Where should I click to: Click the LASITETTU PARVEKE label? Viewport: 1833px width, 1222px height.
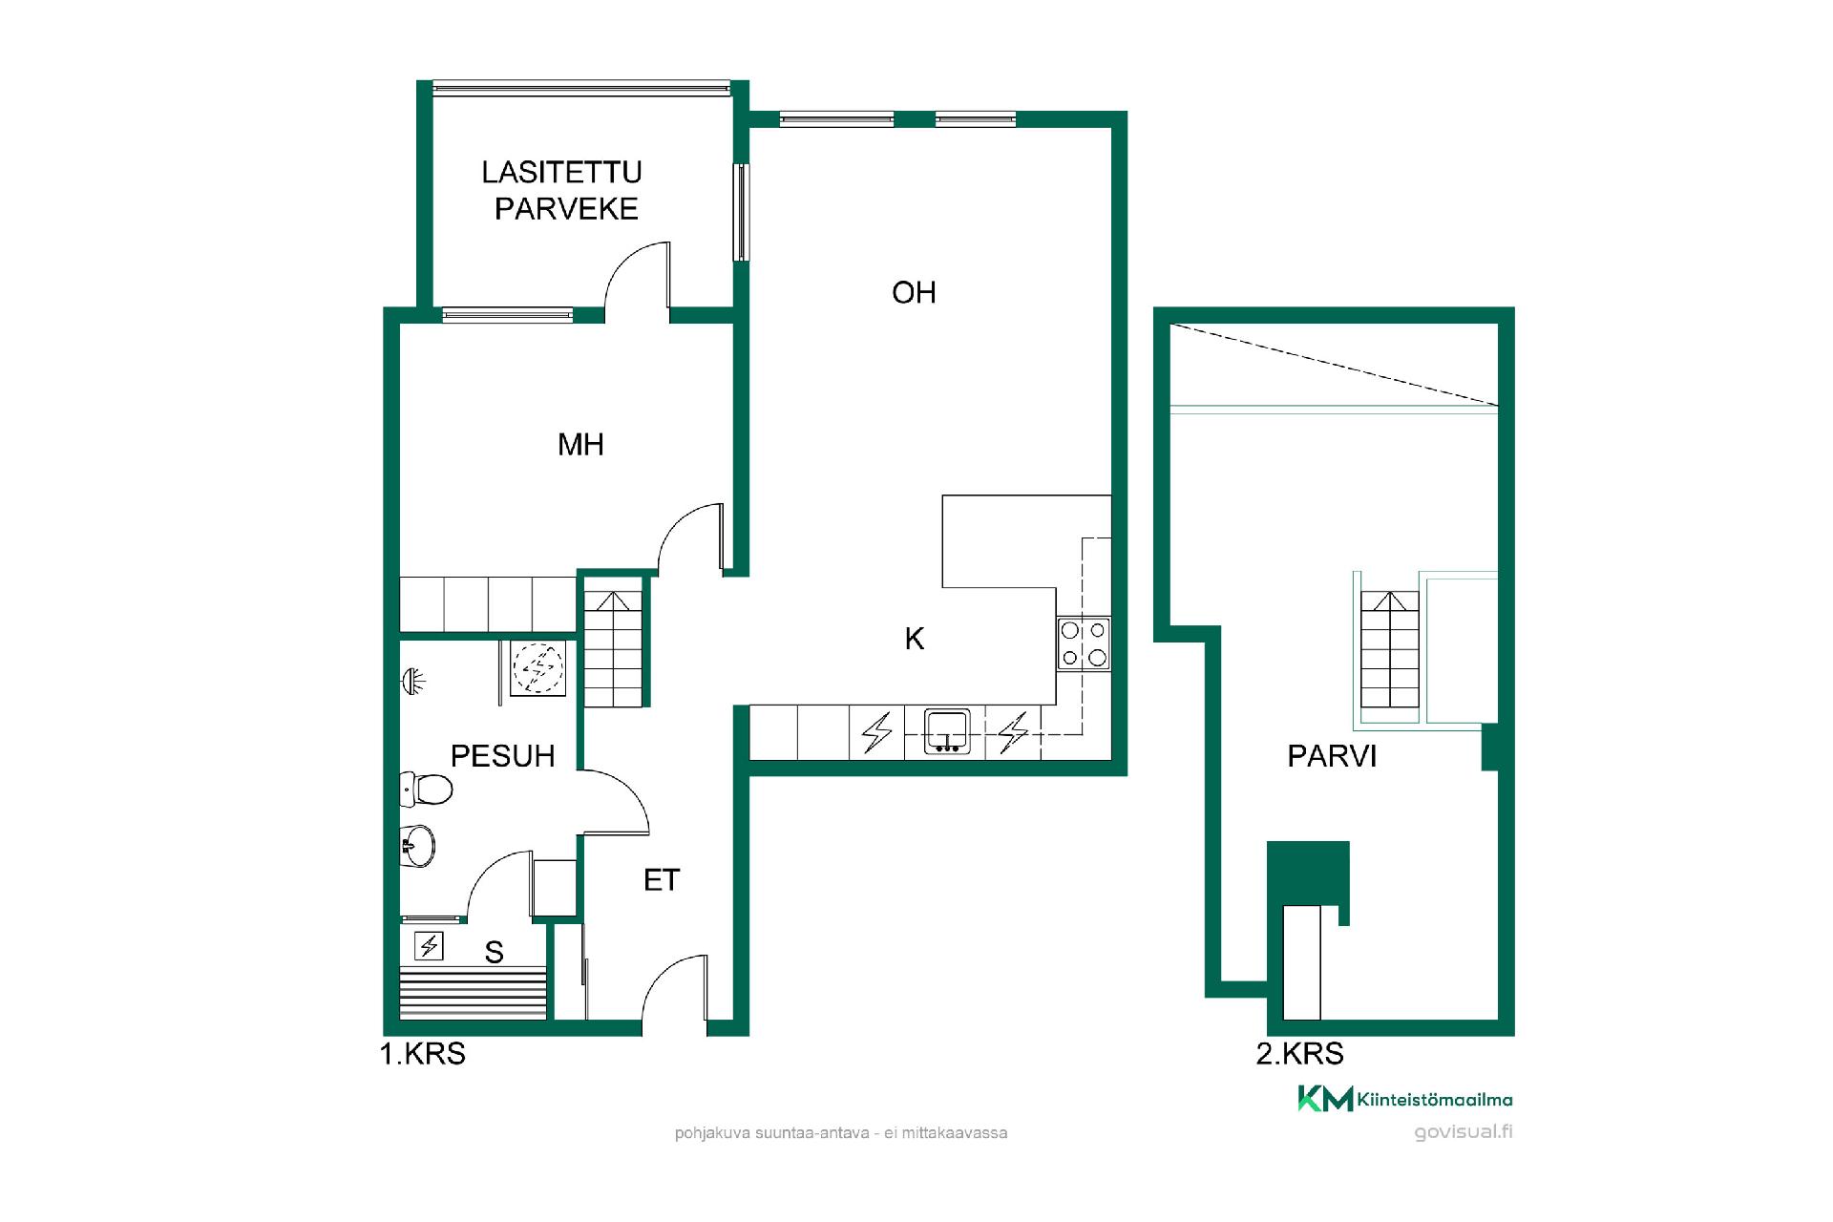click(x=562, y=190)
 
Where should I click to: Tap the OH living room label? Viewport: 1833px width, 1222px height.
click(x=914, y=292)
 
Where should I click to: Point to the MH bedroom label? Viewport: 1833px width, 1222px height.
click(x=580, y=444)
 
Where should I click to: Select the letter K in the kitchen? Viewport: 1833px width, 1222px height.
click(x=915, y=639)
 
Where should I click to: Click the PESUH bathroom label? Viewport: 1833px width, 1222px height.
click(x=502, y=756)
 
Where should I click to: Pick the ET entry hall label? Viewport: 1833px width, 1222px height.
click(x=662, y=880)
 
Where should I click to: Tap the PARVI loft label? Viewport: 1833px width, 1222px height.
click(x=1332, y=756)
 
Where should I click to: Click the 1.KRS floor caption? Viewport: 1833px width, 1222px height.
click(x=423, y=1054)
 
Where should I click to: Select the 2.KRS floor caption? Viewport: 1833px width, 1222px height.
click(x=1300, y=1054)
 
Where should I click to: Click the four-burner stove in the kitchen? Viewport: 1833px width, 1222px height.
click(x=1084, y=643)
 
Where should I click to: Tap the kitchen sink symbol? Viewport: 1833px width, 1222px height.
click(x=947, y=731)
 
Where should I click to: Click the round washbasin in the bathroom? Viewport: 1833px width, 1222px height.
click(x=417, y=846)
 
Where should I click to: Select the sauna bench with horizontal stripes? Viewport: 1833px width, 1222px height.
click(x=474, y=993)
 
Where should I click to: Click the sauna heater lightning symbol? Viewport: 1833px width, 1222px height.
click(x=429, y=946)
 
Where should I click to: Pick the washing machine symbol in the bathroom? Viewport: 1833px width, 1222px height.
click(x=538, y=667)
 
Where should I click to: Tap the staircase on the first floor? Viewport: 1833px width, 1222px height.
click(x=613, y=649)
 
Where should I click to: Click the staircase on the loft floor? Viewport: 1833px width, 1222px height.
click(x=1390, y=649)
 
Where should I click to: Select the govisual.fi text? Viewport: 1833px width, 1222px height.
click(x=1464, y=1132)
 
